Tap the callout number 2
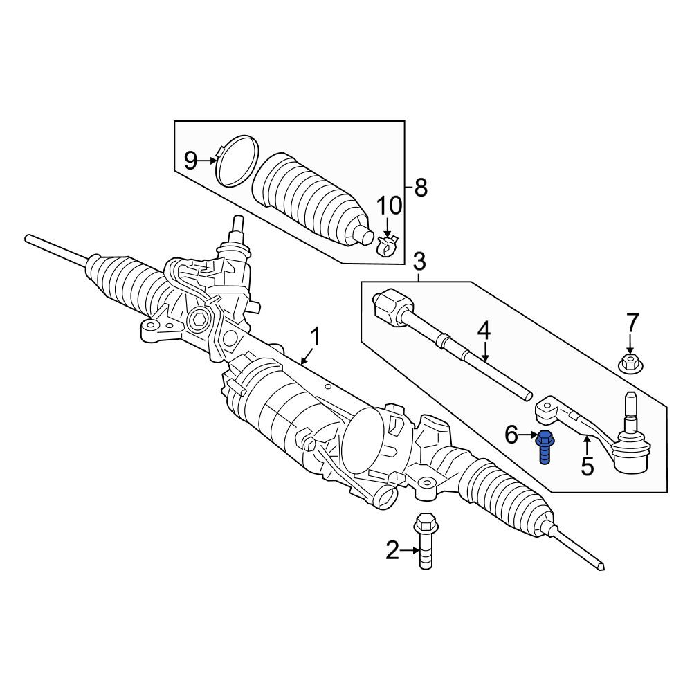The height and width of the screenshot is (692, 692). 392,551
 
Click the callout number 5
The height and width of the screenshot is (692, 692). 587,466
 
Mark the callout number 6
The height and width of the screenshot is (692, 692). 511,435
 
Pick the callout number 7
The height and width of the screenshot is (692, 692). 632,323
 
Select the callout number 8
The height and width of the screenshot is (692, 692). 421,188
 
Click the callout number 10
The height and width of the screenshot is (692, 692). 389,206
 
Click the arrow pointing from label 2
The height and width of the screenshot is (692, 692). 409,550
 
